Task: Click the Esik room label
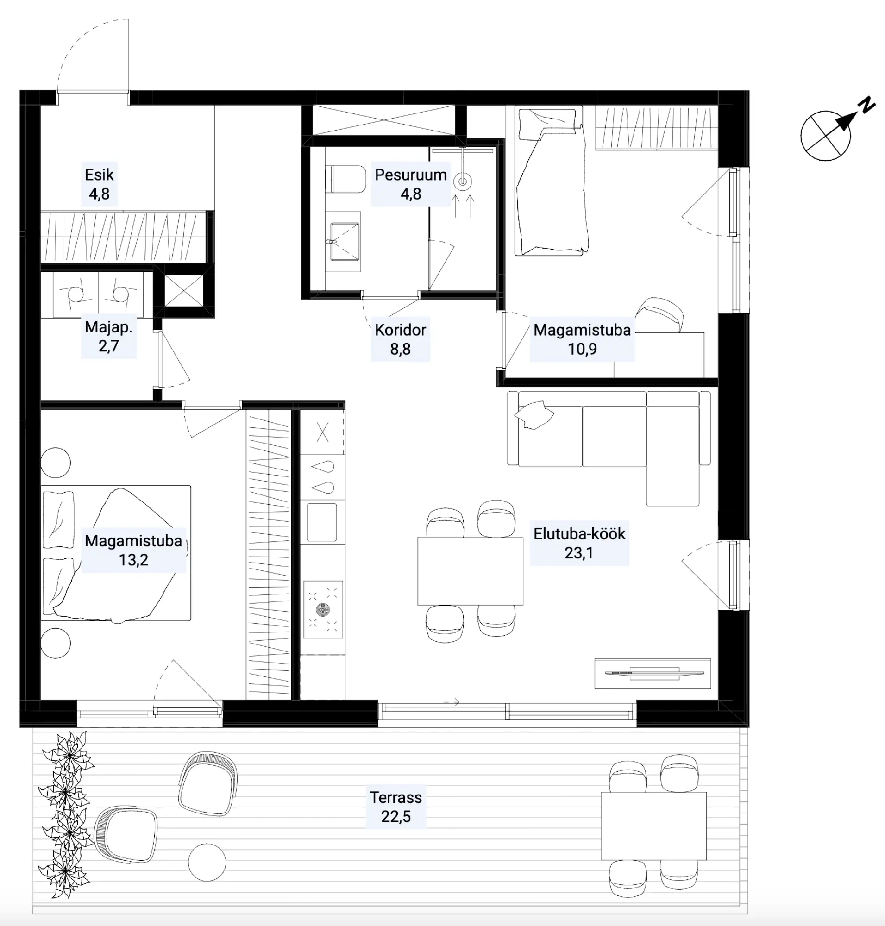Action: (x=99, y=175)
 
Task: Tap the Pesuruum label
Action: (x=410, y=175)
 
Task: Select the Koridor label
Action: (x=400, y=330)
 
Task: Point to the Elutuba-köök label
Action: (x=579, y=533)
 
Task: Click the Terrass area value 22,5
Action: (x=396, y=817)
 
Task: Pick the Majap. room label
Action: (x=108, y=327)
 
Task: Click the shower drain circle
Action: (x=463, y=181)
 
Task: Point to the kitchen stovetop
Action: (x=323, y=609)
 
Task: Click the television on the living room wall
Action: (x=653, y=673)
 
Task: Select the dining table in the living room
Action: (x=470, y=571)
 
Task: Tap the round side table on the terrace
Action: (x=207, y=862)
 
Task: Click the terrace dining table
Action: (x=653, y=826)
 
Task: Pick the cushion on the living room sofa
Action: (x=534, y=415)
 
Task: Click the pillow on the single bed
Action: (x=548, y=125)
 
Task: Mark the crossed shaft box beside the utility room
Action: (x=183, y=291)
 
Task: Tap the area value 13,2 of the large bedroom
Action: (x=133, y=560)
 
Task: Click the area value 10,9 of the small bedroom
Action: (x=582, y=349)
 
